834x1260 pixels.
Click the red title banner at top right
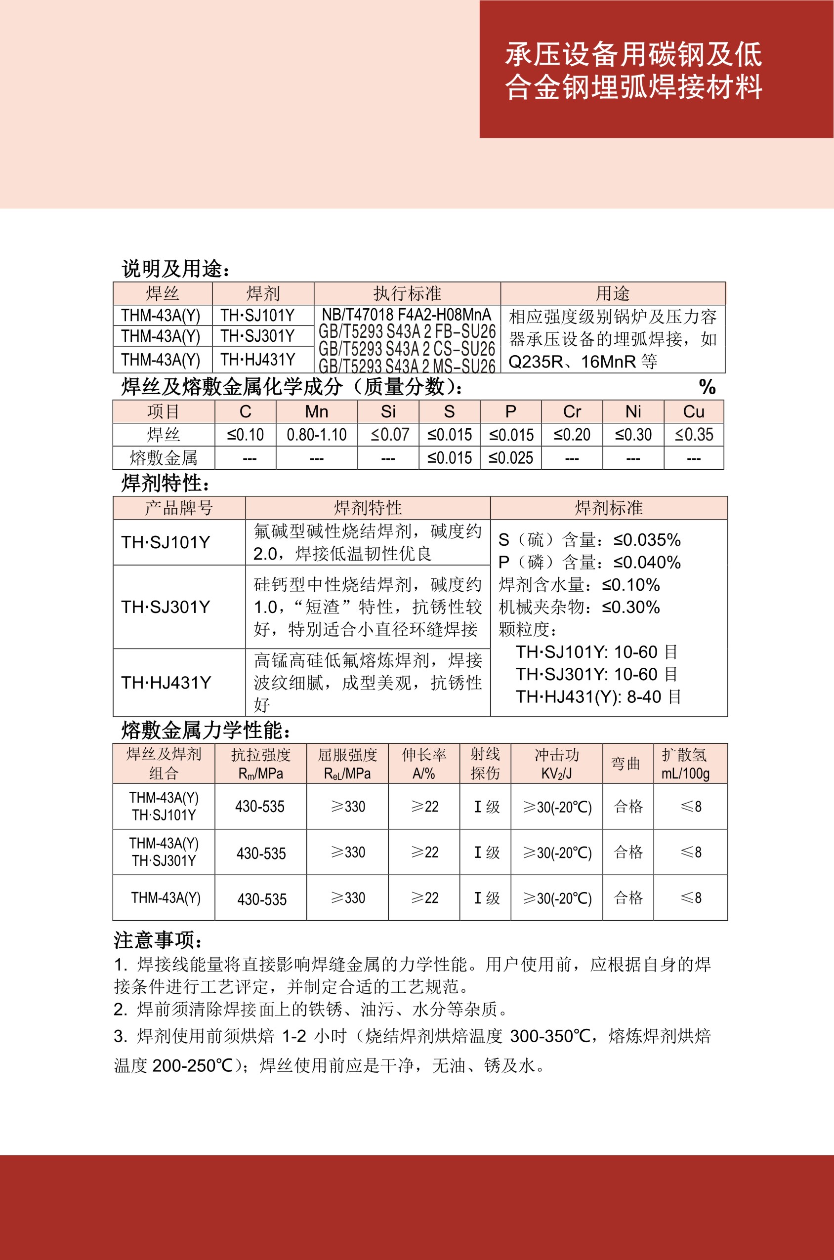tap(656, 69)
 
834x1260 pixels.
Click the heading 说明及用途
tap(176, 269)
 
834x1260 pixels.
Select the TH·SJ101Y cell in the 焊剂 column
tap(257, 315)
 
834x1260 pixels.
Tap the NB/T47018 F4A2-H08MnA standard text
tap(406, 314)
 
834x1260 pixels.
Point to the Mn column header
tap(317, 411)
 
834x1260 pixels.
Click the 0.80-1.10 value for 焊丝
tap(317, 435)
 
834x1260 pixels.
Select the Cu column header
tap(694, 411)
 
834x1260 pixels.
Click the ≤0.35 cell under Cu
tap(694, 435)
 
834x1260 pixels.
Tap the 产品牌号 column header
tap(179, 508)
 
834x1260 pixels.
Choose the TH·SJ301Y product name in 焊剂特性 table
tap(166, 607)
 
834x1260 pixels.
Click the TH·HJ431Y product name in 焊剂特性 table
tap(166, 683)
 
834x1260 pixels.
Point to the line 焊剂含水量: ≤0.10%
tap(579, 585)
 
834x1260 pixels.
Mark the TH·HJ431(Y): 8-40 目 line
tap(598, 696)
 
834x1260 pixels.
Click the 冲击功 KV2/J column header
tap(556, 764)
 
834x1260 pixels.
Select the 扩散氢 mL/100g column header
tap(685, 764)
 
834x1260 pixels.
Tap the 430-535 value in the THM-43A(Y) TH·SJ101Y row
tap(260, 807)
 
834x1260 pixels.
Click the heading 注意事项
tap(158, 940)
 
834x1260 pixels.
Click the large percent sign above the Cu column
tap(707, 387)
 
